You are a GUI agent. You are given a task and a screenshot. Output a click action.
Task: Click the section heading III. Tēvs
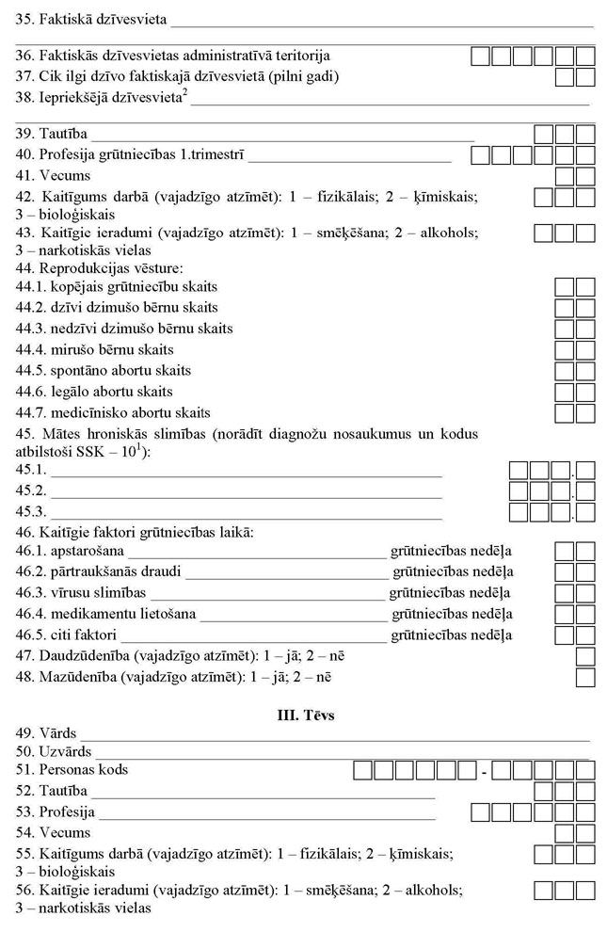pos(303,716)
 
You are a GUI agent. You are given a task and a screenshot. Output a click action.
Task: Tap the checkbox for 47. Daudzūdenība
pos(585,656)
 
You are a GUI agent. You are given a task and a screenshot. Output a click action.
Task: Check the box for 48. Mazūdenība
pos(585,677)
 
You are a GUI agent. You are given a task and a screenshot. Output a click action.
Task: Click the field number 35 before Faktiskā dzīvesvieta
pos(24,19)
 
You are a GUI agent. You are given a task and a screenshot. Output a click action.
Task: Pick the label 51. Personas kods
pos(72,770)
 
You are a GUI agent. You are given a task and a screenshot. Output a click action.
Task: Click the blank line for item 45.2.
pos(246,491)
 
